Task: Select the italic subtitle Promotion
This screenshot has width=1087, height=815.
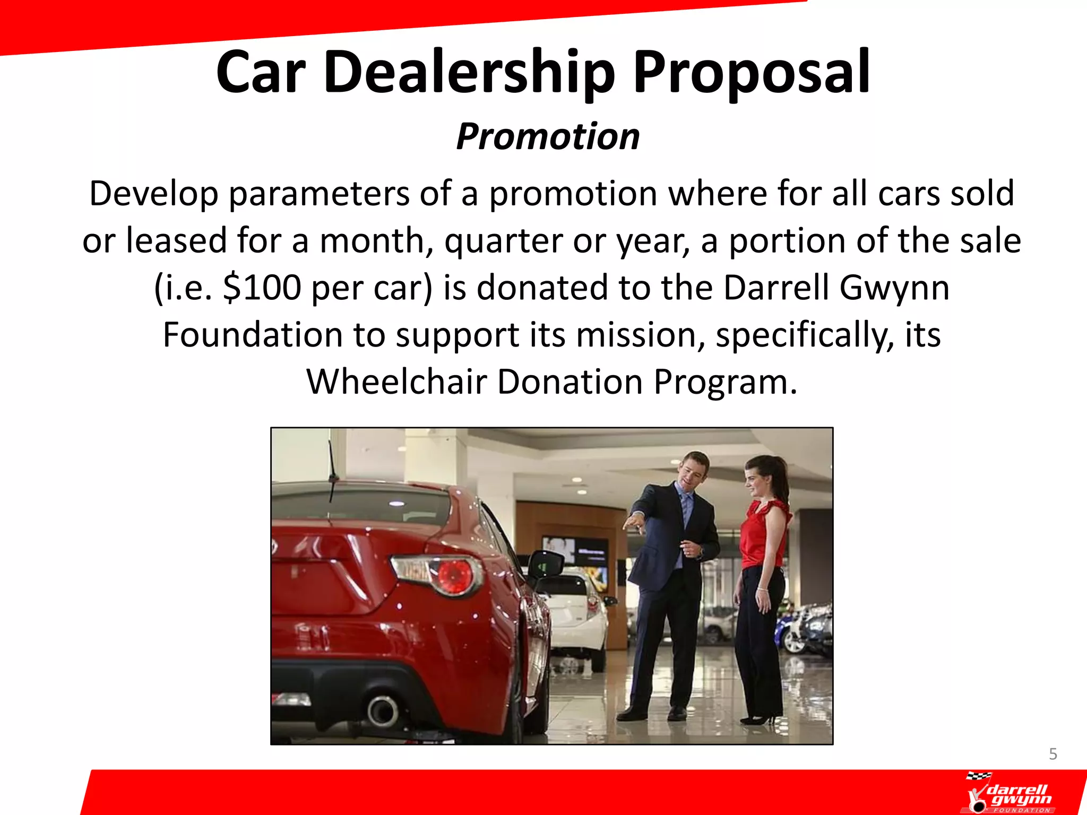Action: point(548,137)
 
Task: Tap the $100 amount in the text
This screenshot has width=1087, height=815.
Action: point(262,288)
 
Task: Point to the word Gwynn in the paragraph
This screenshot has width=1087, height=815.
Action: point(894,288)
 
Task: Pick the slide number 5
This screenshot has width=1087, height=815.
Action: point(1053,754)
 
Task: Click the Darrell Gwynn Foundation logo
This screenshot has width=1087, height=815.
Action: point(1010,793)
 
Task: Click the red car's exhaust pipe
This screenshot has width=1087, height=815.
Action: point(382,710)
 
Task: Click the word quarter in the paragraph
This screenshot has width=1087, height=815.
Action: point(503,241)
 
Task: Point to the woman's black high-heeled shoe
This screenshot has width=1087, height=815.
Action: point(758,719)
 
